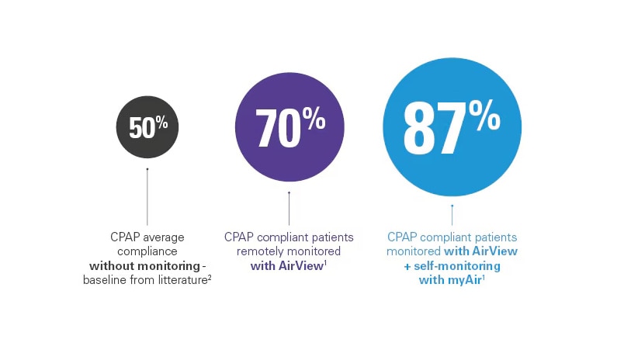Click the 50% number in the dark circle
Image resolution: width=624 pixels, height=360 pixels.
click(x=148, y=127)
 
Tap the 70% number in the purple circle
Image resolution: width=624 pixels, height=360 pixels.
click(x=290, y=127)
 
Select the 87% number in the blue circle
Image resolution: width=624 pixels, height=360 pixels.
click(x=452, y=127)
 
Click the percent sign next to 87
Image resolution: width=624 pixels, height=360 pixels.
click(x=484, y=115)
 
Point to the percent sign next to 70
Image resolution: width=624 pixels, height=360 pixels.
click(x=314, y=118)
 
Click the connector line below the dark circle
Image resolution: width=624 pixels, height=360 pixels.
click(x=147, y=197)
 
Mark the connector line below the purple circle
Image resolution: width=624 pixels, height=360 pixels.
click(x=289, y=209)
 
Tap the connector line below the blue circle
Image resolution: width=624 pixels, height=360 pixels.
click(x=452, y=215)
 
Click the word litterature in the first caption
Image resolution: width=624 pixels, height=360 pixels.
click(x=182, y=279)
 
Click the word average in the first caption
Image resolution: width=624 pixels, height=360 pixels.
click(x=164, y=237)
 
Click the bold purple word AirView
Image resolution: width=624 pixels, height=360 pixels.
click(x=300, y=265)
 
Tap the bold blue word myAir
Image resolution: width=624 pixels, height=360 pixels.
click(x=465, y=280)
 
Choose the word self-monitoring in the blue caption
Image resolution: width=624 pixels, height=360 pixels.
click(x=457, y=265)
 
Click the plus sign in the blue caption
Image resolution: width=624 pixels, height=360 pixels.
click(x=407, y=266)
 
